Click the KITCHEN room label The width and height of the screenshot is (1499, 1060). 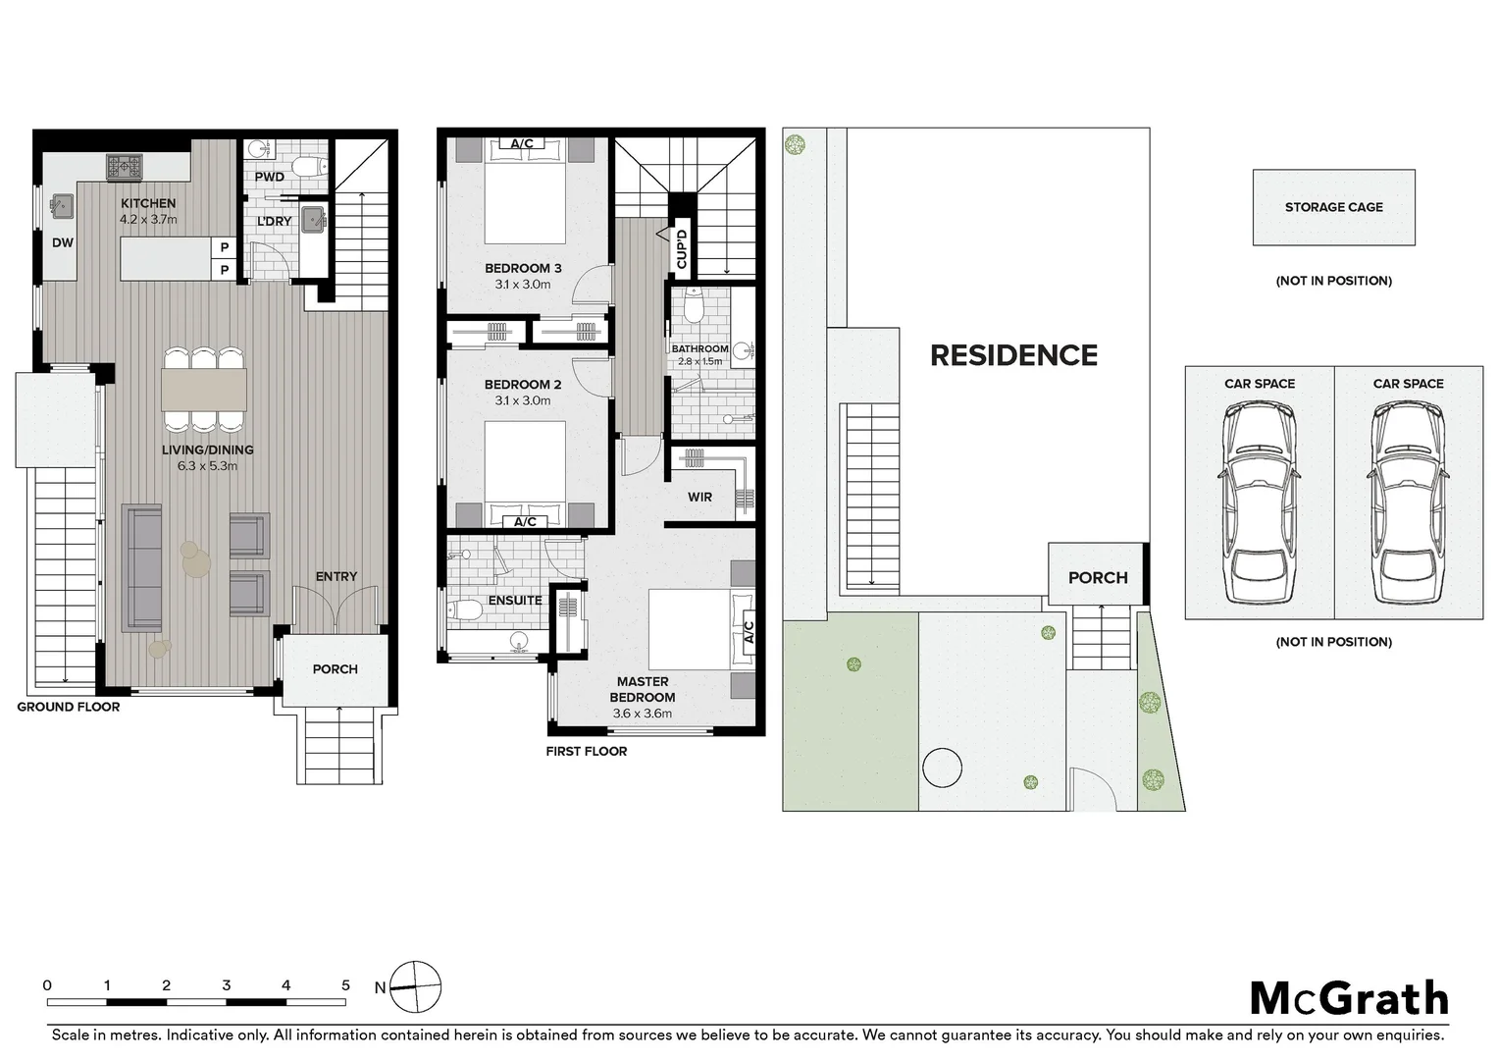tap(148, 203)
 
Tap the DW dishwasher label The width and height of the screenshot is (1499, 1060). tap(63, 242)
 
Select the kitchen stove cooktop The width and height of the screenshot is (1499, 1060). tap(125, 166)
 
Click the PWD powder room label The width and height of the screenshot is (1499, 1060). tap(270, 178)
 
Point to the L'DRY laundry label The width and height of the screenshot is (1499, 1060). tap(275, 222)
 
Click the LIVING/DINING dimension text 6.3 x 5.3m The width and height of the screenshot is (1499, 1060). tap(207, 466)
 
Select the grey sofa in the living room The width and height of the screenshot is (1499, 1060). tap(143, 567)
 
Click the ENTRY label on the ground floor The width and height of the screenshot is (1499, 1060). tap(336, 576)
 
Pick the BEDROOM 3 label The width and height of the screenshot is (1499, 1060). tap(523, 268)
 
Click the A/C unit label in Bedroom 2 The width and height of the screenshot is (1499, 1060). tap(525, 521)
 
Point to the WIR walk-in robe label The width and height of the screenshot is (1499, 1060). tap(699, 497)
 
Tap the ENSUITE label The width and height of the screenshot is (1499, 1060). tap(515, 600)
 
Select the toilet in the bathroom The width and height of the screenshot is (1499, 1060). tap(695, 307)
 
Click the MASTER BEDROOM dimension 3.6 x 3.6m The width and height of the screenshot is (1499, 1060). tap(643, 714)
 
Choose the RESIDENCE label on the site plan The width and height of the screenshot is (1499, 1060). tap(1013, 355)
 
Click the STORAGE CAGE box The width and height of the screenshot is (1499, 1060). tap(1333, 207)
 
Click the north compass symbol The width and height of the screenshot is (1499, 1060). tap(416, 986)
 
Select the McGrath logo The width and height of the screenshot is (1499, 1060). tap(1349, 998)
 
